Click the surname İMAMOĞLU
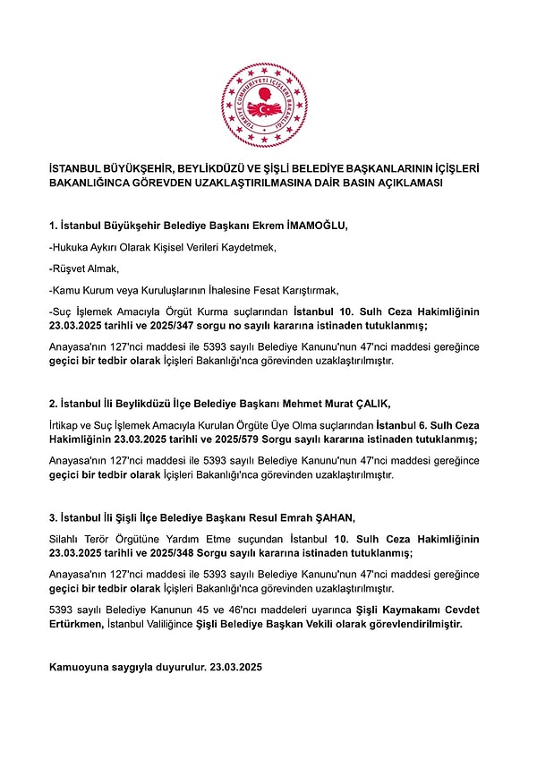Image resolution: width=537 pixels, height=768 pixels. pos(315,226)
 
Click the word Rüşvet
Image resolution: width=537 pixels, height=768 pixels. pos(72,269)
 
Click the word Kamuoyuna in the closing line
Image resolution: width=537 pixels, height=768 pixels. pos(81,668)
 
